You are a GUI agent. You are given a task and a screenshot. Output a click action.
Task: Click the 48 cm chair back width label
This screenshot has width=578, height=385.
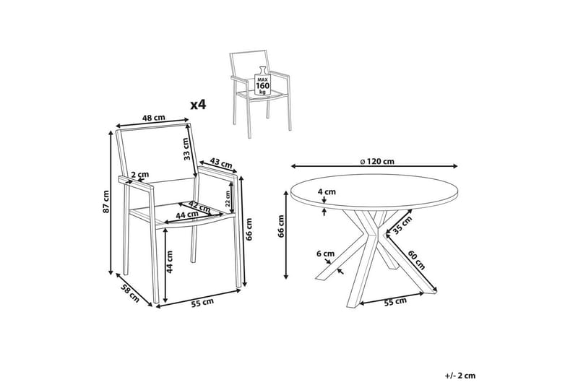[154, 118]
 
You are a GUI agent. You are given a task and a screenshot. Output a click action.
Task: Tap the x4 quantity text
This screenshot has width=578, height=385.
[198, 105]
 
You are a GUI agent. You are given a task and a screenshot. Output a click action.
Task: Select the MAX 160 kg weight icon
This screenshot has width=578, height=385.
[262, 81]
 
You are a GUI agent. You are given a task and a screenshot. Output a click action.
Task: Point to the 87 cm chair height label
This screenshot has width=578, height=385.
[106, 202]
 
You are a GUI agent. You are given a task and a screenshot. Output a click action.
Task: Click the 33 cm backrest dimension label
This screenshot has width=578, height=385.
[186, 149]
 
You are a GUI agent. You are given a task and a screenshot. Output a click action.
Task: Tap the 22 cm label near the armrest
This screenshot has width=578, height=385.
[228, 199]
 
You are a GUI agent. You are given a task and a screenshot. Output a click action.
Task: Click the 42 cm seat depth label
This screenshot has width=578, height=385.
[199, 206]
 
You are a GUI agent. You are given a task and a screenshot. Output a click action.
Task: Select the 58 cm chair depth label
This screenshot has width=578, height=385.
[130, 294]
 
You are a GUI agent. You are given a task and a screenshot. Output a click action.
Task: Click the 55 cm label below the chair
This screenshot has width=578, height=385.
[202, 302]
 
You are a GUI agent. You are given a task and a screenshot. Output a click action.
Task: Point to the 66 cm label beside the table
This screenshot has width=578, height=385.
[281, 226]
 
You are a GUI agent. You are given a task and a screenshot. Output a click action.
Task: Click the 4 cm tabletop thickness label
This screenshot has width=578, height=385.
[327, 191]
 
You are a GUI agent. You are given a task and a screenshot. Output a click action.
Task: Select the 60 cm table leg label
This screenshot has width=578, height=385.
[417, 260]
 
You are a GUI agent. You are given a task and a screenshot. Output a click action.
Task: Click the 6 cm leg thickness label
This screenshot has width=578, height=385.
[326, 254]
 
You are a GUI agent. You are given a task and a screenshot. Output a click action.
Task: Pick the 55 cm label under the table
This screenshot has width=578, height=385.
[395, 302]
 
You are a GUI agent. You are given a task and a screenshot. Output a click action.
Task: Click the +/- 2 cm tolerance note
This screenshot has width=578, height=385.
[460, 376]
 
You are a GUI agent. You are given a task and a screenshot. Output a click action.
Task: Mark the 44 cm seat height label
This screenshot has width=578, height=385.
[170, 261]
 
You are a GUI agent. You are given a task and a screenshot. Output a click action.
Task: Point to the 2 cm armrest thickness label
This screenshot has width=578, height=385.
[140, 174]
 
